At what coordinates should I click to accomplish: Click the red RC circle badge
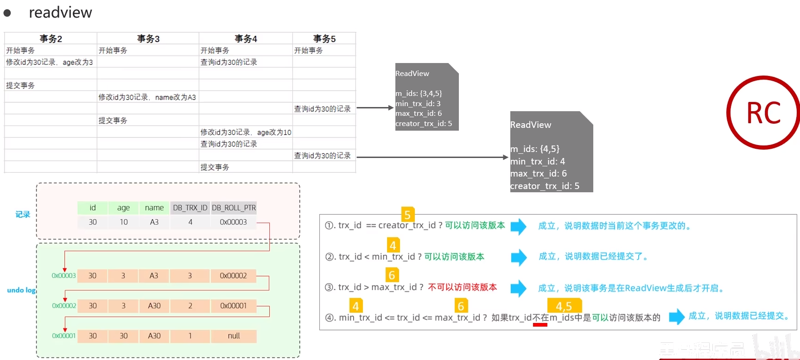click(x=763, y=113)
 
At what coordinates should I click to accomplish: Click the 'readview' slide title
click(x=60, y=13)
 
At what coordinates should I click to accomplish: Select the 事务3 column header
click(x=148, y=38)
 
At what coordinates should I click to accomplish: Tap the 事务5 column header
click(x=324, y=38)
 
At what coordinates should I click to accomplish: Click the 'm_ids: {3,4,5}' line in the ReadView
click(x=419, y=94)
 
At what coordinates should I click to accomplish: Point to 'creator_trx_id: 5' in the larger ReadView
click(x=545, y=186)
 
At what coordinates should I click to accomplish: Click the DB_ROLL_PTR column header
click(x=234, y=208)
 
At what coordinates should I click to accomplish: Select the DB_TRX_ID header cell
click(x=190, y=208)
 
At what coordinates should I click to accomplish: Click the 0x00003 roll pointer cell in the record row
click(x=233, y=222)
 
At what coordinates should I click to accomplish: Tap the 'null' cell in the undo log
click(x=234, y=336)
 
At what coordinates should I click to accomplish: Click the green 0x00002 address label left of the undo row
click(x=64, y=306)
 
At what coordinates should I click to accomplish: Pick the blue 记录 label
click(x=23, y=215)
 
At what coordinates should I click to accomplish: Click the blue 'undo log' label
click(x=21, y=290)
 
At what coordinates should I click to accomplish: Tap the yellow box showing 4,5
click(x=564, y=306)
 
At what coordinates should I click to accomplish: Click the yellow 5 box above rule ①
click(x=407, y=215)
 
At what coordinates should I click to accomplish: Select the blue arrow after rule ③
click(x=519, y=288)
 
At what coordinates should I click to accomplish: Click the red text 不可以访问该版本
click(x=462, y=287)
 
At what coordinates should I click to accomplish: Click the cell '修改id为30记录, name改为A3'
click(x=147, y=97)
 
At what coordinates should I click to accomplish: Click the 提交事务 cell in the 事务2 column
click(x=20, y=86)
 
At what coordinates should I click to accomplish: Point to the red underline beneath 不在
click(x=540, y=325)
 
